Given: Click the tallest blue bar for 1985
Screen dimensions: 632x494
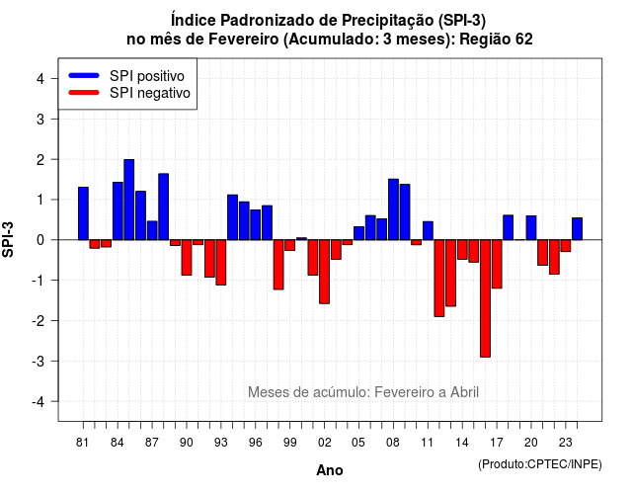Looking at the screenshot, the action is click(x=129, y=200).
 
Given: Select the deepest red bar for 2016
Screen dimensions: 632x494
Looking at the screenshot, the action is click(x=485, y=298).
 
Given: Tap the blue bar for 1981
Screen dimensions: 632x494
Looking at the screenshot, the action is click(x=83, y=213).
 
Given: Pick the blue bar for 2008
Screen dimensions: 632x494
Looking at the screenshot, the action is click(x=393, y=209).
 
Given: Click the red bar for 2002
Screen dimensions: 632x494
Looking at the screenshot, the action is click(x=325, y=272).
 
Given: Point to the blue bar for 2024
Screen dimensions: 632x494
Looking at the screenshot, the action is click(x=577, y=228).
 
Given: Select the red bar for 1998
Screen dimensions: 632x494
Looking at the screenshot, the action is click(x=278, y=265).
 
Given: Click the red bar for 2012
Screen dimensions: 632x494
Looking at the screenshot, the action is click(x=439, y=279).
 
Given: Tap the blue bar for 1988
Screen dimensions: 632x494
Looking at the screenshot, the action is click(x=163, y=206).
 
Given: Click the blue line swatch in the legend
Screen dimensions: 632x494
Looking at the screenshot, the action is click(x=84, y=75).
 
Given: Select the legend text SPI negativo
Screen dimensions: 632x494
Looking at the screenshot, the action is click(x=150, y=93).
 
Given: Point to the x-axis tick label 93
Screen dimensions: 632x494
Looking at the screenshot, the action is click(x=221, y=443).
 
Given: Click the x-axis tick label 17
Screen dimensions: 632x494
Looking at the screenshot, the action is click(x=497, y=443).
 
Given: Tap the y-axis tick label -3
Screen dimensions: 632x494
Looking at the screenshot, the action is click(x=39, y=362).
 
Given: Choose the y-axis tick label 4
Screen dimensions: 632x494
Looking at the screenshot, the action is click(x=40, y=79).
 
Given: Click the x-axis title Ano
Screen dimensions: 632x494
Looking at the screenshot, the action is click(x=330, y=470).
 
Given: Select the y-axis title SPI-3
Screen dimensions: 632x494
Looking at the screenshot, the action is click(x=8, y=239).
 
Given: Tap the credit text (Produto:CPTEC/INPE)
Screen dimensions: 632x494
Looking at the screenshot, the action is click(x=540, y=464).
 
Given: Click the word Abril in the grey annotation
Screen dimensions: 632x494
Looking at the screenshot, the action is click(x=464, y=392).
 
